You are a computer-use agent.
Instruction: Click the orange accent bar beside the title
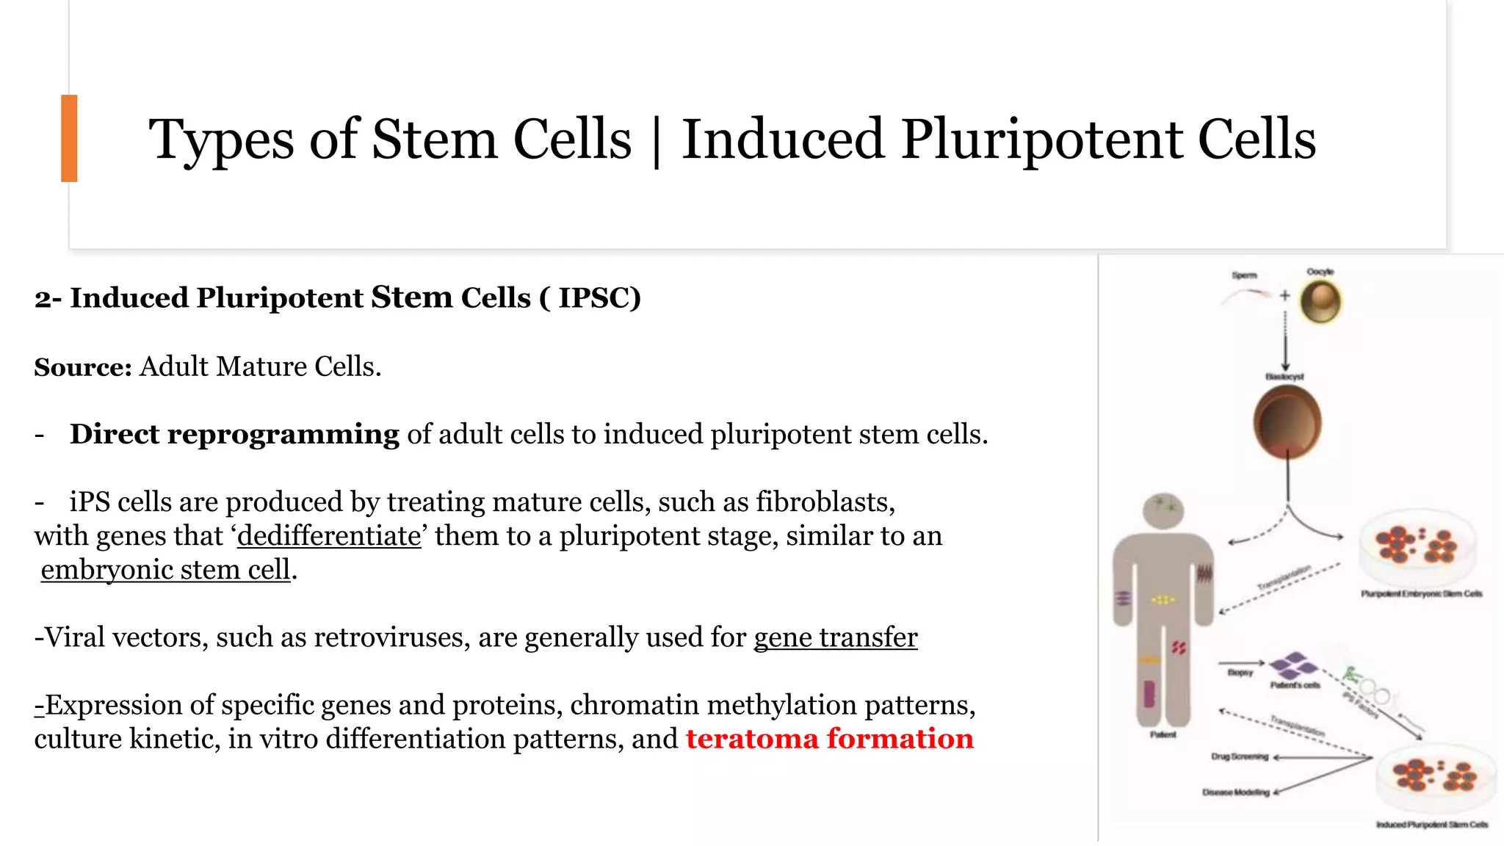click(x=69, y=138)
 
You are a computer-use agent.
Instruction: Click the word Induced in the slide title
click(x=782, y=140)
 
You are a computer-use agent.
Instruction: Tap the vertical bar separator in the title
click(x=656, y=141)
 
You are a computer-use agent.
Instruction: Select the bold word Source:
click(x=83, y=366)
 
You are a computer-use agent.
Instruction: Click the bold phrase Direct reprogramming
click(x=234, y=434)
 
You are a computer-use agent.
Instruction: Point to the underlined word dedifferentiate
click(x=329, y=535)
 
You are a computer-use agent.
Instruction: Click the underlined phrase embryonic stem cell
click(x=165, y=570)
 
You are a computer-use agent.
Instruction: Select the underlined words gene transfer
click(x=836, y=637)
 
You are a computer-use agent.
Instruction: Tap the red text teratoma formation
click(x=829, y=739)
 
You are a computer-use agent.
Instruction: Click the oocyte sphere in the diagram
click(x=1320, y=302)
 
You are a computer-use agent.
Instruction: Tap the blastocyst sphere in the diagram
click(x=1287, y=422)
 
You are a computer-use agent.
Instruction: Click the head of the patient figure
click(x=1163, y=510)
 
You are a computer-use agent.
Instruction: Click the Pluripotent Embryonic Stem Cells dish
click(x=1416, y=547)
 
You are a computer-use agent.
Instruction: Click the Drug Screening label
click(x=1240, y=756)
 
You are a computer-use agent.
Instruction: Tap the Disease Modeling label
click(x=1236, y=792)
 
